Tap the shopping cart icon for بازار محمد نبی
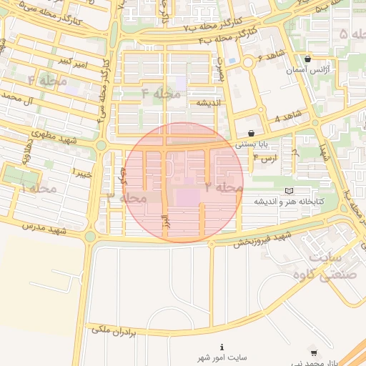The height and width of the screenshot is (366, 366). point(314,352)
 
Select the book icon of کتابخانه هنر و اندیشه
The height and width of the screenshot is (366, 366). point(289,191)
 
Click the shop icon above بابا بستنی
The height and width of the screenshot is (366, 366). point(251,133)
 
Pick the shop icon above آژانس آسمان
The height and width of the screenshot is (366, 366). point(307,59)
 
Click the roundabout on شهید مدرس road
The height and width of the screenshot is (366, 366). point(90,236)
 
